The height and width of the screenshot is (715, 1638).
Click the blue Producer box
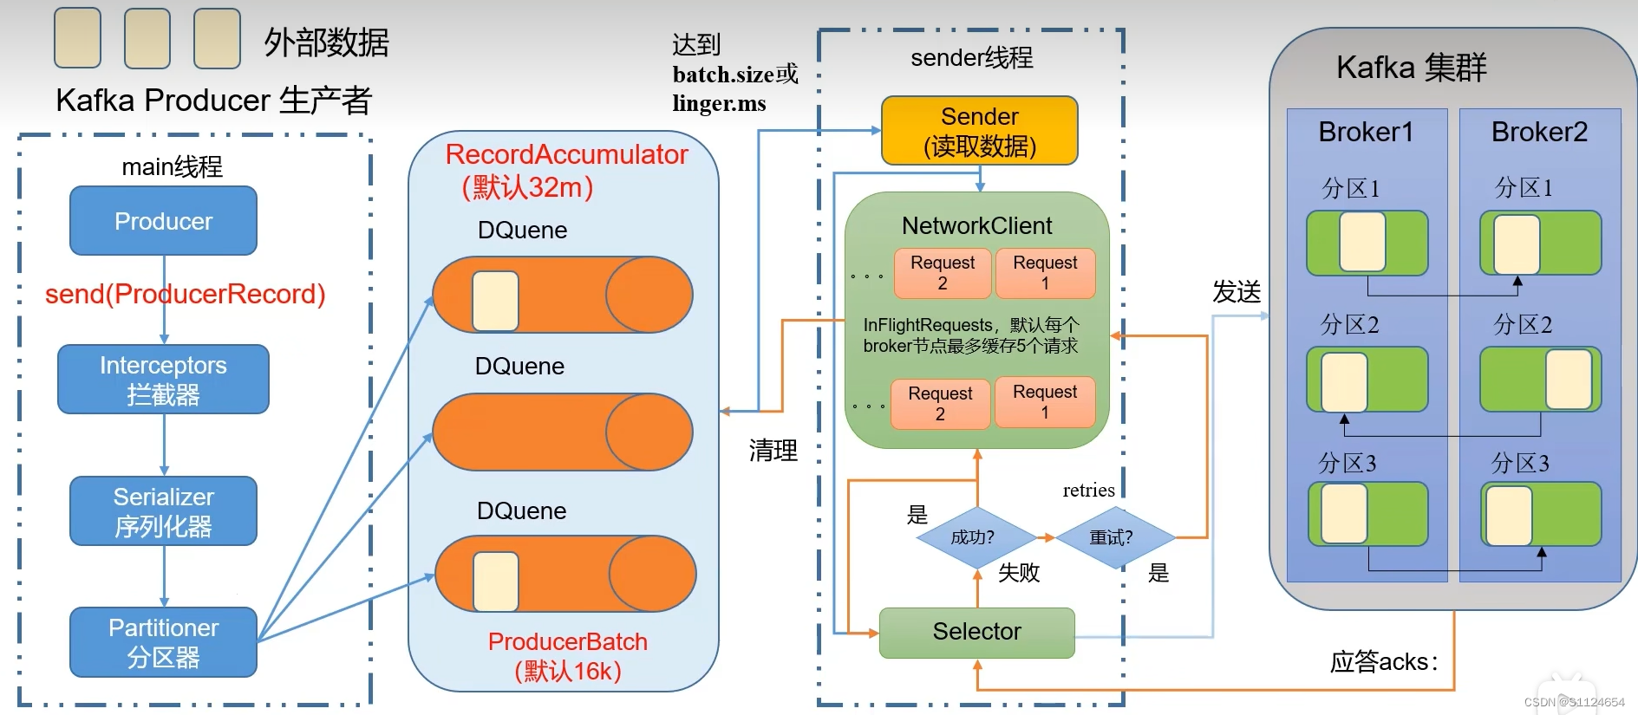click(163, 221)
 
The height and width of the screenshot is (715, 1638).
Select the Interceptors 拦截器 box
click(163, 380)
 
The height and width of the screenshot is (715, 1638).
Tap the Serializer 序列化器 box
click(163, 511)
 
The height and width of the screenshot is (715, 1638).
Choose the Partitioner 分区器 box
click(163, 642)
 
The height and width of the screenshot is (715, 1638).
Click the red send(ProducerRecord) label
click(185, 295)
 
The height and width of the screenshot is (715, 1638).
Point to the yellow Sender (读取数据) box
click(979, 131)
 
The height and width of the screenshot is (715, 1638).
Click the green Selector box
click(976, 632)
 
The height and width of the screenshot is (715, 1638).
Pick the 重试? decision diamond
click(1113, 537)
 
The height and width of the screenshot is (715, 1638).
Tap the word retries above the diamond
click(1088, 491)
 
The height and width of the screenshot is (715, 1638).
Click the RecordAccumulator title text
click(566, 155)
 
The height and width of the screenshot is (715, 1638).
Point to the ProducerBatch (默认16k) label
click(568, 656)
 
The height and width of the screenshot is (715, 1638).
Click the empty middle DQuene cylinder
click(562, 432)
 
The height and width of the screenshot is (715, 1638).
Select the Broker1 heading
click(1366, 133)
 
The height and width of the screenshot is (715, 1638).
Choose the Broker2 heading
click(1539, 133)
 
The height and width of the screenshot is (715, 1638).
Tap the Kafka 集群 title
click(1411, 68)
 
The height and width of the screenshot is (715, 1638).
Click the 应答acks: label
click(1384, 662)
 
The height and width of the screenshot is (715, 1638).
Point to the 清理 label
click(773, 451)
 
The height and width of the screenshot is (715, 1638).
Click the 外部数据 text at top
click(326, 42)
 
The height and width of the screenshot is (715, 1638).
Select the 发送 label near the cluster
click(1237, 292)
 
